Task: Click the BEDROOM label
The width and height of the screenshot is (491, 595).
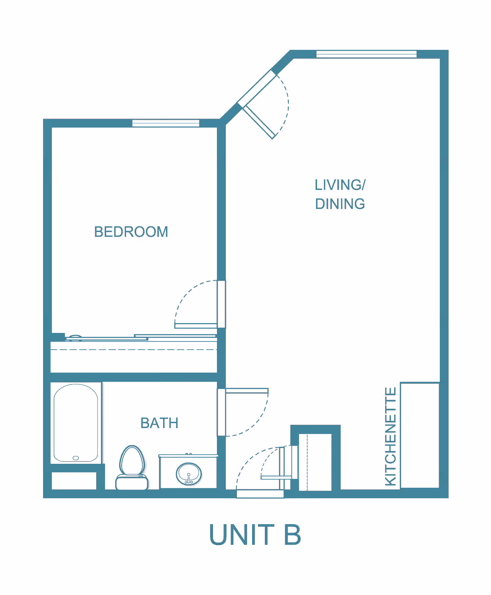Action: click(131, 232)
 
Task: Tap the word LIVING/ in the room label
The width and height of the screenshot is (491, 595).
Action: click(340, 185)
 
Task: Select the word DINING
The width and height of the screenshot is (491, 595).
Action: click(340, 204)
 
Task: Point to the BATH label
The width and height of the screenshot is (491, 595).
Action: click(159, 423)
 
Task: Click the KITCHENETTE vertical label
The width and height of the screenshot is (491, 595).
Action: click(391, 437)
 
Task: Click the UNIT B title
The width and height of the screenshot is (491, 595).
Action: click(255, 535)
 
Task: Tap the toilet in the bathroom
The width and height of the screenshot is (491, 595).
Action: click(132, 468)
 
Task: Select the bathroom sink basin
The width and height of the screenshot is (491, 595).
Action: click(189, 474)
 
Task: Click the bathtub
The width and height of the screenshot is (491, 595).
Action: click(76, 423)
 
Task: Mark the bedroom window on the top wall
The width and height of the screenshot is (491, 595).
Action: click(166, 123)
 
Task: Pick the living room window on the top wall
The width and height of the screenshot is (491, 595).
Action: click(366, 54)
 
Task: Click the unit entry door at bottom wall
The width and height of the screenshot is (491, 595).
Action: click(260, 494)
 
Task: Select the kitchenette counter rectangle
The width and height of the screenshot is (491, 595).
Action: click(420, 435)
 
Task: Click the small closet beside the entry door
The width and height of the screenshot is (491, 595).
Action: click(315, 462)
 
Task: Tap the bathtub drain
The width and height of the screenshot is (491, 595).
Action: click(76, 458)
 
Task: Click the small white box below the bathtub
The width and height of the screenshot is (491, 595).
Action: click(74, 481)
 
